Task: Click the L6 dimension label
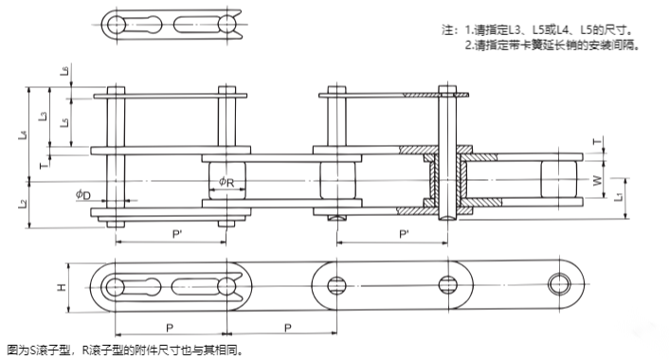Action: click(x=63, y=71)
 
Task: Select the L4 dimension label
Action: click(x=24, y=135)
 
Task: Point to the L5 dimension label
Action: click(x=63, y=123)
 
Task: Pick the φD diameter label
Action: click(x=84, y=194)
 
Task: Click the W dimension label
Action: click(x=596, y=180)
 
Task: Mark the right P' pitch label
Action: click(x=405, y=233)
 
